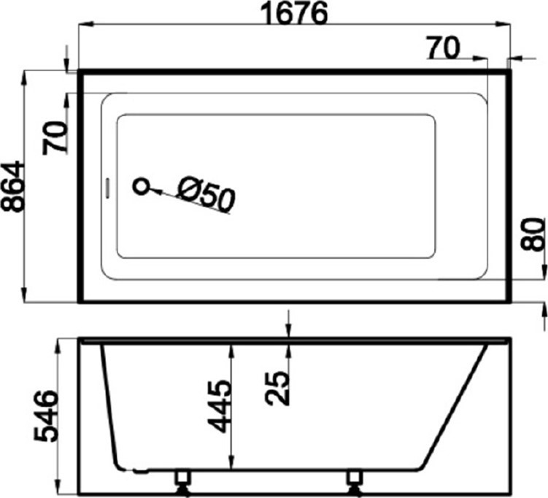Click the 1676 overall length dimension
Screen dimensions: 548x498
294,13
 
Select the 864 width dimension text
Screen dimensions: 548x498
13,186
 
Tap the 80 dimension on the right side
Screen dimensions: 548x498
533,234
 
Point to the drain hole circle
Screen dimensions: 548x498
141,186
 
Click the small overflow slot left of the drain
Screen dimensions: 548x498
108,188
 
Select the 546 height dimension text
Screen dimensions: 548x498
45,415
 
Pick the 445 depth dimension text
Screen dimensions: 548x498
219,407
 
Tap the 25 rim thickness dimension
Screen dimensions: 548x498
277,388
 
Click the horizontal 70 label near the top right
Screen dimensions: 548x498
443,48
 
